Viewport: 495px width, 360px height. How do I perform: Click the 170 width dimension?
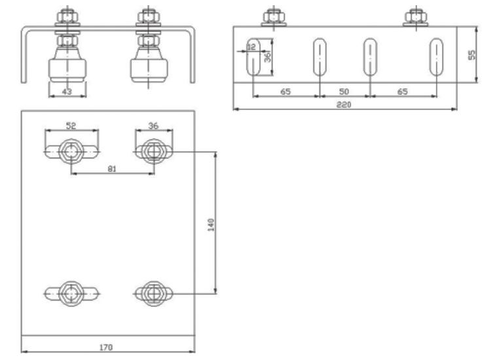pyautogui.click(x=105, y=348)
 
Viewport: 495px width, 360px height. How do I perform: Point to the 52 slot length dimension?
pyautogui.click(x=70, y=126)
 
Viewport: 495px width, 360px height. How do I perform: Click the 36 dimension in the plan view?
pyautogui.click(x=153, y=126)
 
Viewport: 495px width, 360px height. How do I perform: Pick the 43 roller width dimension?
pyautogui.click(x=67, y=92)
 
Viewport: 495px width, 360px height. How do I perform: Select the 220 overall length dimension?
pyautogui.click(x=345, y=105)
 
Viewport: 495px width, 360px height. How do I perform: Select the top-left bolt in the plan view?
pyautogui.click(x=71, y=151)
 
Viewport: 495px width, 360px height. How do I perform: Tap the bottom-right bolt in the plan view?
pyautogui.click(x=153, y=291)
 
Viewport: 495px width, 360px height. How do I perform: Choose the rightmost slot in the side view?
pyautogui.click(x=435, y=57)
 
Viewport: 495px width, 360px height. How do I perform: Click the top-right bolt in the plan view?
pyautogui.click(x=153, y=151)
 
